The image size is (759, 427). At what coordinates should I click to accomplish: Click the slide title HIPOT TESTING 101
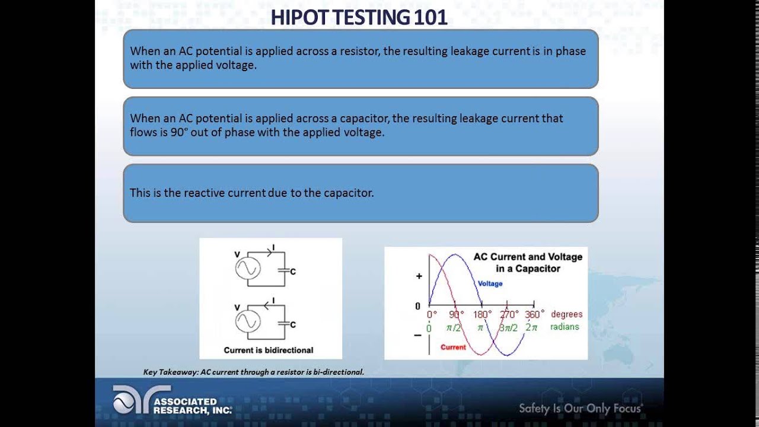(359, 17)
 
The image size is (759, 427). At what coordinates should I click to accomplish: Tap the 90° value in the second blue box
(178, 132)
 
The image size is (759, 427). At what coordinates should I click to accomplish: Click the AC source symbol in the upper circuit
(246, 269)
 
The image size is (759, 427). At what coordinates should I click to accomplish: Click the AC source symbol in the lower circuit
(246, 321)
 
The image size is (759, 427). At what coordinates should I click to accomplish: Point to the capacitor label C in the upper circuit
(293, 272)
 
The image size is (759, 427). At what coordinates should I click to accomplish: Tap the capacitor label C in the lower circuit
(293, 324)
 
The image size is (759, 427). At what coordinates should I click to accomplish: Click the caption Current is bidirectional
(268, 350)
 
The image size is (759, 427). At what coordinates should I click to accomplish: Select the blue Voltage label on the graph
(490, 283)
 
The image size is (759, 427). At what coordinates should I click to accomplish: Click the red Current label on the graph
(453, 347)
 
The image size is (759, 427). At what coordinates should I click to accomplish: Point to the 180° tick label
(483, 314)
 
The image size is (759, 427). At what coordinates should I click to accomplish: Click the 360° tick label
(534, 314)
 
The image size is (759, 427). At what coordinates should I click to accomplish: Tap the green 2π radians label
(531, 327)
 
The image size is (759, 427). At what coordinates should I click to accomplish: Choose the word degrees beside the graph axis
(566, 314)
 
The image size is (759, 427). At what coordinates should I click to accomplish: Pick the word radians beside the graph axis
(565, 327)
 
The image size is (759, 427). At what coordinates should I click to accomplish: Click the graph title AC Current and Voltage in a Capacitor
(528, 262)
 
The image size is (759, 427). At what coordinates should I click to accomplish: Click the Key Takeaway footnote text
(253, 372)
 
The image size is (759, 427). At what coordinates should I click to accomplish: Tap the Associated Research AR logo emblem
(132, 399)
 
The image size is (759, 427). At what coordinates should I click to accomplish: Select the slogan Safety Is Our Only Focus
(581, 408)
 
